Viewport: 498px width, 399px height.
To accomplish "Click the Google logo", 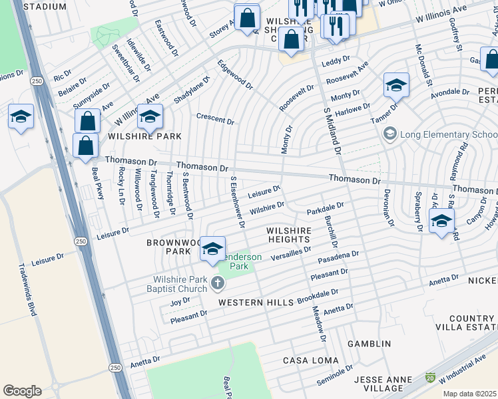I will click(22, 390).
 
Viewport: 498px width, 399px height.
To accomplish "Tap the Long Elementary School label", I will click(444, 134).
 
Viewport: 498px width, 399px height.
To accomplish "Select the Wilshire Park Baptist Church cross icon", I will click(217, 284).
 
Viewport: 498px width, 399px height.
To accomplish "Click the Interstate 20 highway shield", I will click(429, 377).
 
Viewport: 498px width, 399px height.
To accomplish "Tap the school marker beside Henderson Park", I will click(212, 249).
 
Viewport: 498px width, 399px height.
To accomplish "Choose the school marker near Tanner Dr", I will click(396, 86).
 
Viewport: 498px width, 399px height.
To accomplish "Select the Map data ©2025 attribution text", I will click(469, 394).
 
